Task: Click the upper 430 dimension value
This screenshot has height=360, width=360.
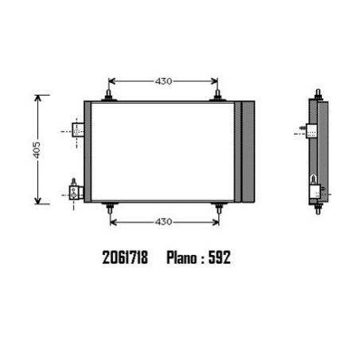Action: pyautogui.click(x=163, y=81)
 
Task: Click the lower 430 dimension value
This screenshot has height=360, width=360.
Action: pyautogui.click(x=163, y=221)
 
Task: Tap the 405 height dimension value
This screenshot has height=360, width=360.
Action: pyautogui.click(x=37, y=150)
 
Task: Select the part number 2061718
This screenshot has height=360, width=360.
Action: pyautogui.click(x=125, y=257)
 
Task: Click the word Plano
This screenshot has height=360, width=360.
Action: pyautogui.click(x=182, y=258)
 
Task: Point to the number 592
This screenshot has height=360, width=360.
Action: pyautogui.click(x=220, y=257)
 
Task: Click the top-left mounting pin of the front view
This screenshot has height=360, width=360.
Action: pyautogui.click(x=108, y=96)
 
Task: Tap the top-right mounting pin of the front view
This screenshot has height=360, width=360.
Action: pyautogui.click(x=217, y=96)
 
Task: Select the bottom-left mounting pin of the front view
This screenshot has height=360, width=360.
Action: pyautogui.click(x=110, y=208)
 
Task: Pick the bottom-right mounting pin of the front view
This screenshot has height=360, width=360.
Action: pyautogui.click(x=219, y=208)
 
